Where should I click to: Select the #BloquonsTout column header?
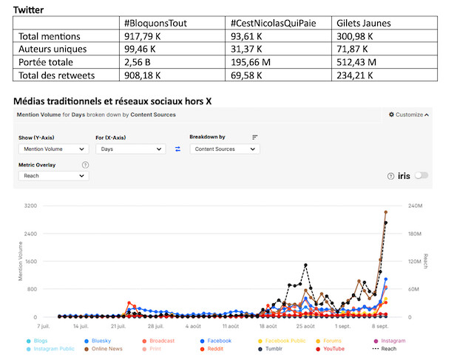[155, 24]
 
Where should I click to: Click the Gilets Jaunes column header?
[364, 24]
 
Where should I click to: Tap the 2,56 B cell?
[140, 62]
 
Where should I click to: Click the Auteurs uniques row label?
[53, 50]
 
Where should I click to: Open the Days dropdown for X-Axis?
[130, 149]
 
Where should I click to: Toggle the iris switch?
[422, 175]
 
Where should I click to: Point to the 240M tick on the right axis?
[416, 205]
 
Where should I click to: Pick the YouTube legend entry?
[334, 348]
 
